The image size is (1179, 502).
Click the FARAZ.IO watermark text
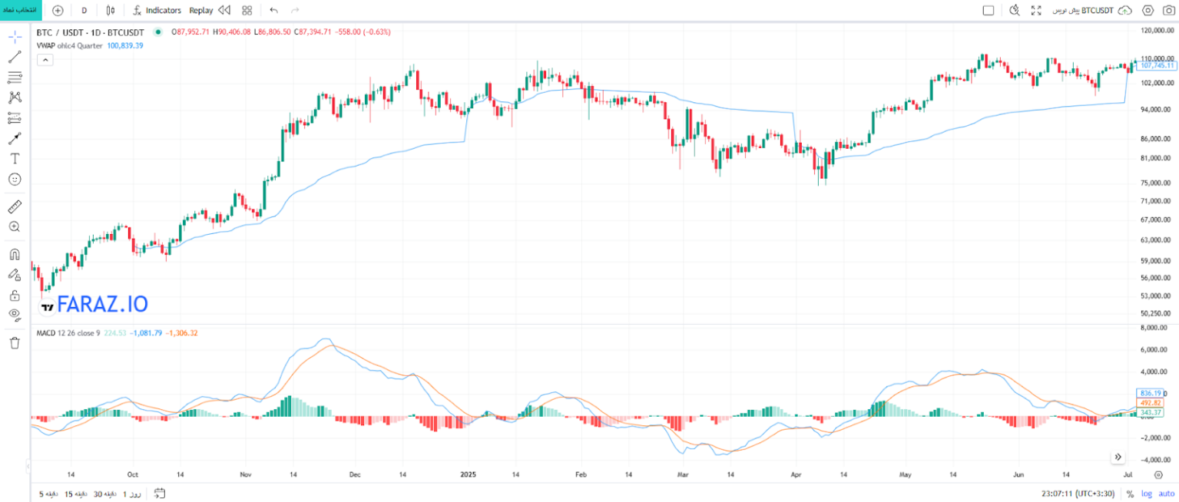(x=102, y=305)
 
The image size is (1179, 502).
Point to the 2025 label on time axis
(x=469, y=475)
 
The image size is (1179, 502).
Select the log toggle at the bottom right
(x=1147, y=494)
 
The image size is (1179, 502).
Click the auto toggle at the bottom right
(x=1167, y=494)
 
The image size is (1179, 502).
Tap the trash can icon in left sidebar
(x=15, y=343)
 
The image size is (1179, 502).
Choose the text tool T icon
(x=15, y=158)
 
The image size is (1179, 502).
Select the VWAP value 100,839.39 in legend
(x=124, y=45)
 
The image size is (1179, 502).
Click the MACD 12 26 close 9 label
(x=68, y=333)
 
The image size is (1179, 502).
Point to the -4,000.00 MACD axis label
(x=1155, y=460)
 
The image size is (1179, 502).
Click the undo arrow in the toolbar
(x=274, y=11)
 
